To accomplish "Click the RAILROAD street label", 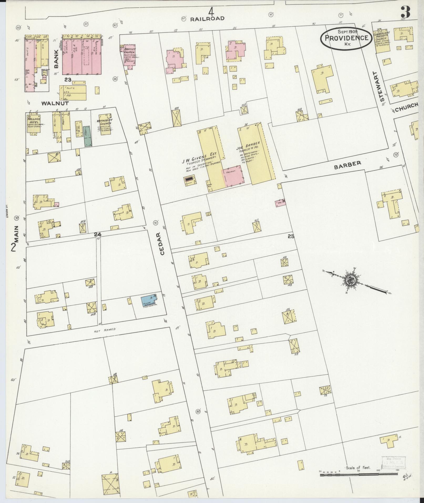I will [x=207, y=19].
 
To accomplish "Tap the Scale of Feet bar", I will [x=359, y=291].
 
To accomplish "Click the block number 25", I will [x=291, y=236].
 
